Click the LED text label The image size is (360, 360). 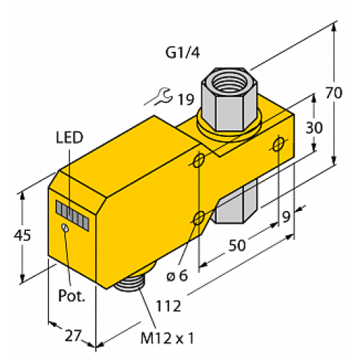click(x=68, y=137)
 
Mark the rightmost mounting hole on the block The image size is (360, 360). click(x=279, y=146)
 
